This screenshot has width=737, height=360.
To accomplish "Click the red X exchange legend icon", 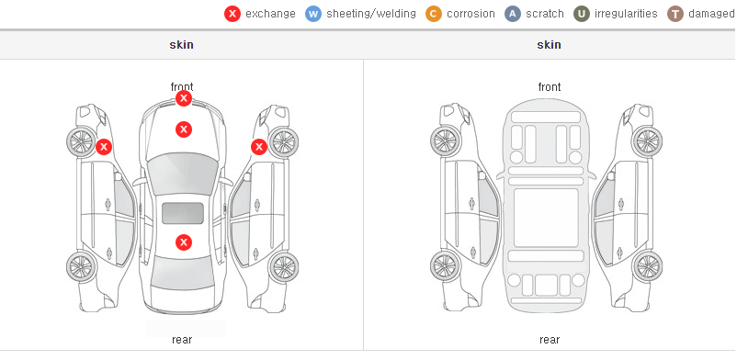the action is [232, 14].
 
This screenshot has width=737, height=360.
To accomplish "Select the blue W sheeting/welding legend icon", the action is [313, 14].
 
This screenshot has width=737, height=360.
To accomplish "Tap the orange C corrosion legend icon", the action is [434, 14].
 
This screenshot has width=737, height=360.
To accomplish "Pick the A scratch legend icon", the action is [513, 14].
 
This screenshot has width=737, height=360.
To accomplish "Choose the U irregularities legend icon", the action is [582, 14].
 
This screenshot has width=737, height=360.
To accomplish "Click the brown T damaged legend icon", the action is [675, 14].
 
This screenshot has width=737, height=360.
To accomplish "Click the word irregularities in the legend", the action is [626, 14].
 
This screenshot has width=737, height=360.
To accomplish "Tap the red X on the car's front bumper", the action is [184, 98].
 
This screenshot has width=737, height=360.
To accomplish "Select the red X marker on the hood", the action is [184, 129].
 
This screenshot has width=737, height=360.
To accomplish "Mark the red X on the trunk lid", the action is [184, 242].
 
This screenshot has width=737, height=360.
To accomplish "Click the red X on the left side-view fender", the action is [104, 147].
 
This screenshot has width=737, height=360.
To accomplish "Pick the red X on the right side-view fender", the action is [259, 147].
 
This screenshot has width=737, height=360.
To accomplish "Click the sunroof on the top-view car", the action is [183, 213].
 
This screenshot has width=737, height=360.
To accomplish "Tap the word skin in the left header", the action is [181, 45].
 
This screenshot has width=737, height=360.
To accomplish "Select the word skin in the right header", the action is [549, 45].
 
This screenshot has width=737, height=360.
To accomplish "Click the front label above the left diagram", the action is [182, 87].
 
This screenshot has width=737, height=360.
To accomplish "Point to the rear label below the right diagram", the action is [550, 340].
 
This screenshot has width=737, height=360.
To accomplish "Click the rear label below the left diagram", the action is [182, 340].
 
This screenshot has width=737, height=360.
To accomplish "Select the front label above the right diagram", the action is [550, 87].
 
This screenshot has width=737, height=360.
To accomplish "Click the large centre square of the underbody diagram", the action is [546, 218].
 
